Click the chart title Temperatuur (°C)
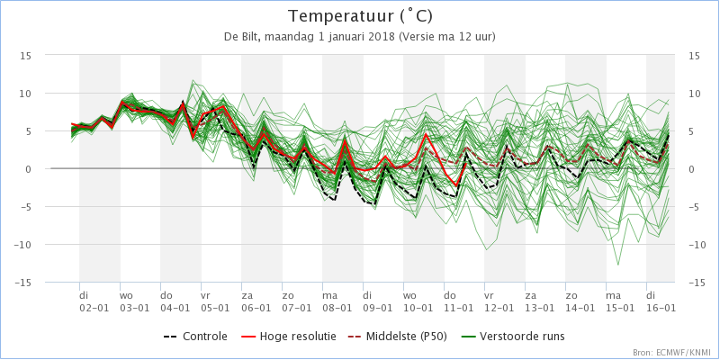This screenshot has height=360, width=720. click(360, 16)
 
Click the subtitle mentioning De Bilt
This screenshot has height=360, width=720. click(360, 37)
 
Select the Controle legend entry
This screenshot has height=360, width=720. click(195, 337)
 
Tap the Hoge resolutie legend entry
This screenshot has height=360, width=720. click(288, 337)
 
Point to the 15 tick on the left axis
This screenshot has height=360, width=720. click(26, 56)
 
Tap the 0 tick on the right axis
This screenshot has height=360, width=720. click(691, 169)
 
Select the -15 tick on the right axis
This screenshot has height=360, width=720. click(697, 283)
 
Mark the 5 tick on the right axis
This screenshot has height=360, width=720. click(691, 131)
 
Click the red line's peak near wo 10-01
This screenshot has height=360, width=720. click(426, 134)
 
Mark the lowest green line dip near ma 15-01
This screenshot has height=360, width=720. click(618, 265)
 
